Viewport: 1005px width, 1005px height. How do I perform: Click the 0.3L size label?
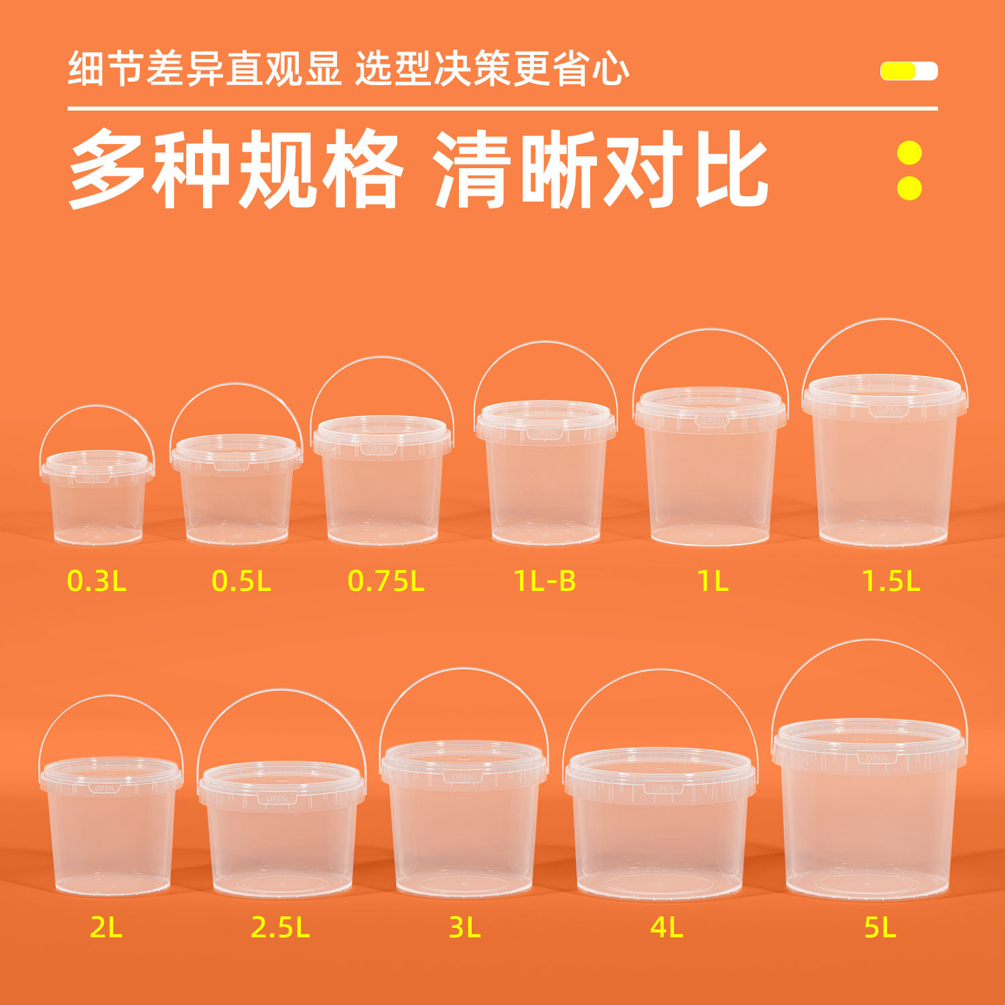click(96, 580)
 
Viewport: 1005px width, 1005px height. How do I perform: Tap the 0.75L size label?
click(386, 580)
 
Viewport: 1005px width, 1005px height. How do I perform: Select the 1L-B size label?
click(545, 580)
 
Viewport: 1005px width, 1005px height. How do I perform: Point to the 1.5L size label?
click(890, 580)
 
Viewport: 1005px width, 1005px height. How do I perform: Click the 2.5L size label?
click(280, 927)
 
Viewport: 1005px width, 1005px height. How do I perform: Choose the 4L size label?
click(666, 927)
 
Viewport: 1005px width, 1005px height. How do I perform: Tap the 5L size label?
click(880, 927)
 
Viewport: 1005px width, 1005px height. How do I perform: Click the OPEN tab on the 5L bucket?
click(876, 758)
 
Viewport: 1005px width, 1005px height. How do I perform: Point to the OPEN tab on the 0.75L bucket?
click(379, 449)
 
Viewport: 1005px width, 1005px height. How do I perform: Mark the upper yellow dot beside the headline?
click(909, 153)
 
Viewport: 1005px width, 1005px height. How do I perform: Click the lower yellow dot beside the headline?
click(909, 188)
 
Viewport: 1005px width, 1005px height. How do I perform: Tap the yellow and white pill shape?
click(909, 71)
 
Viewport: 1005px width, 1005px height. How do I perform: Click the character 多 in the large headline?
click(107, 169)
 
